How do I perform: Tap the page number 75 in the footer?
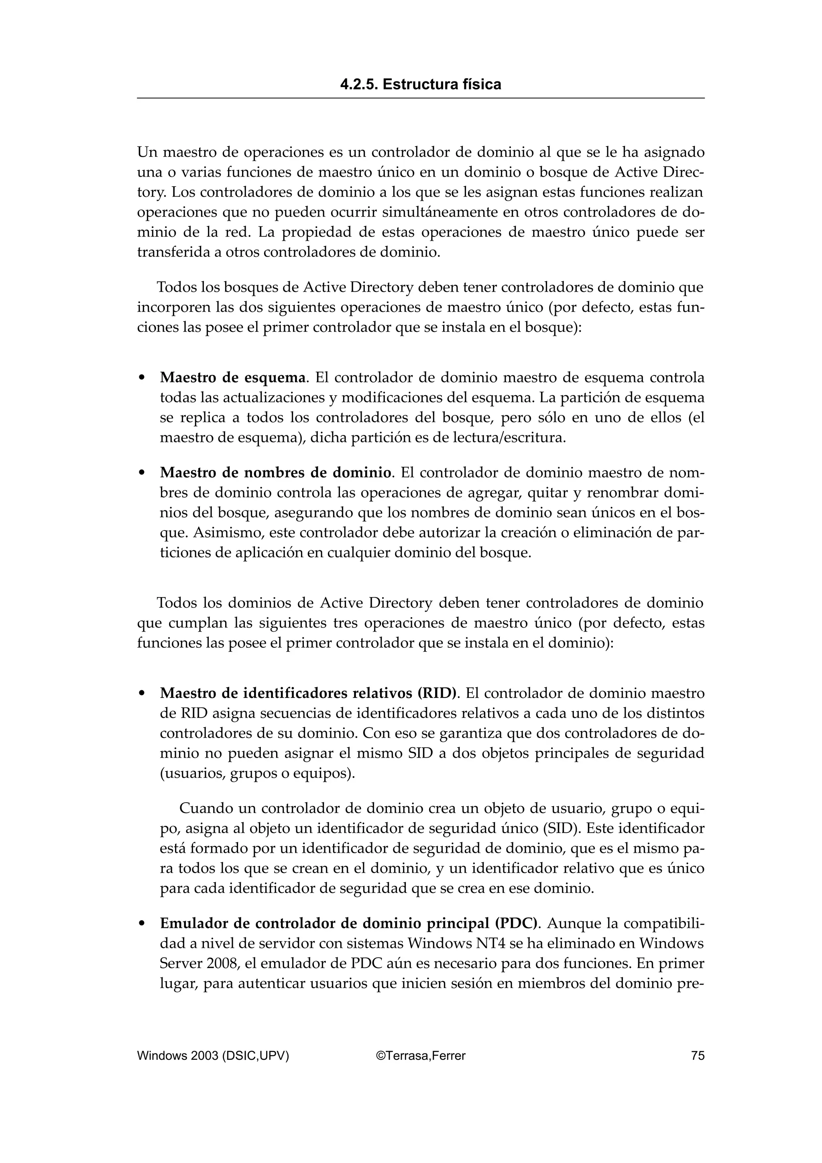[x=698, y=1055]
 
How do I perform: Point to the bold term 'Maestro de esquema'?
[x=233, y=378]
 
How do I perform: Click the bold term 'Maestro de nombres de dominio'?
[x=276, y=473]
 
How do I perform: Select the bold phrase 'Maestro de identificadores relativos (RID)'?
[x=308, y=693]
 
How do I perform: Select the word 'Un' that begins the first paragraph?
[x=147, y=152]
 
